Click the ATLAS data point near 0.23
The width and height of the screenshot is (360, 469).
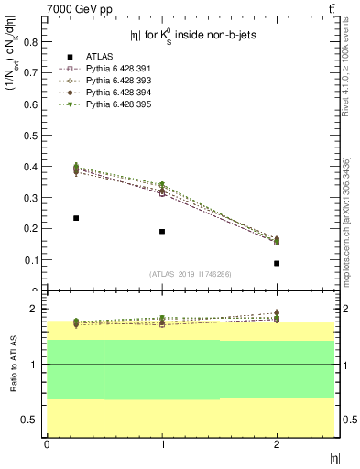click(x=76, y=218)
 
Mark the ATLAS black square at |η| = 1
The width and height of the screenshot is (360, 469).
click(x=162, y=231)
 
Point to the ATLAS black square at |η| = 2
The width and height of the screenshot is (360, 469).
click(x=277, y=263)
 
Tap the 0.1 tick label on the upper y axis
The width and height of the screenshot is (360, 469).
click(x=30, y=259)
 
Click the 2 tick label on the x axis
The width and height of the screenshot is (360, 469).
click(x=277, y=444)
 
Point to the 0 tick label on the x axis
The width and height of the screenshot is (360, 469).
click(x=48, y=444)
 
